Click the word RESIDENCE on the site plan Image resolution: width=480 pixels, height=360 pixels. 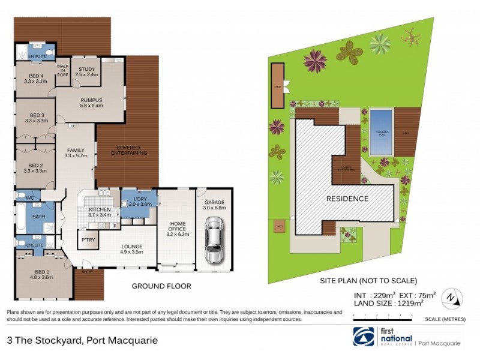coord(347,199)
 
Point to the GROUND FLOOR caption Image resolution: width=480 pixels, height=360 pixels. coord(161,286)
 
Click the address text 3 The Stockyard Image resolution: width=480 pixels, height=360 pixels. coord(82,340)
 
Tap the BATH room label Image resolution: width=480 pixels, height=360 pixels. coord(39,217)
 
